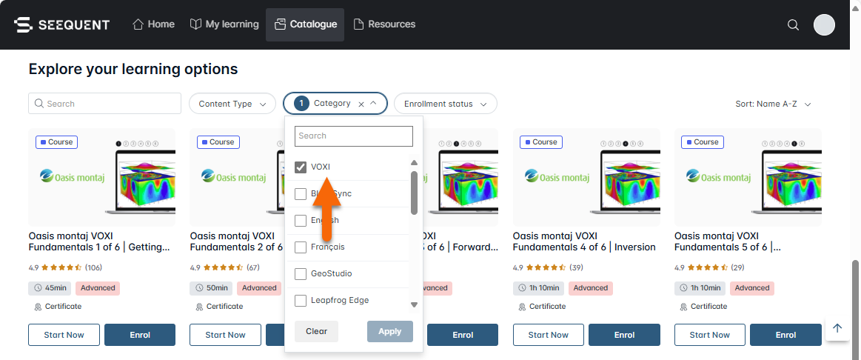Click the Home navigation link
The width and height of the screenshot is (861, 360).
tap(154, 24)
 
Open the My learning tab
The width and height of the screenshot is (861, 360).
tap(224, 24)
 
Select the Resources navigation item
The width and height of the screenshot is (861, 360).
tap(384, 24)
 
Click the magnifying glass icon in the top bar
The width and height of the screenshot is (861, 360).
tap(793, 25)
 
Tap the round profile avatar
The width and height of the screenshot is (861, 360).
tap(824, 25)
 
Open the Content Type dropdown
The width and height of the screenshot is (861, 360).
tap(232, 104)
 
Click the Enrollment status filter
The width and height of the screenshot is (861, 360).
tap(445, 104)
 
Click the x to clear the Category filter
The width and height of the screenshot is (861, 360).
tap(361, 104)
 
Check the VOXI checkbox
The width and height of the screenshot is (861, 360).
tap(301, 167)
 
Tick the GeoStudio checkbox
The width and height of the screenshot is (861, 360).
tap(301, 274)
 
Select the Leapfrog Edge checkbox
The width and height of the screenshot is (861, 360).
tap(301, 301)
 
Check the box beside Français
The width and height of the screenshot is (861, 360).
tap(301, 247)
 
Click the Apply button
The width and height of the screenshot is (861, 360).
tap(389, 331)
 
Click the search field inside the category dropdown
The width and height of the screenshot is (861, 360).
tap(353, 136)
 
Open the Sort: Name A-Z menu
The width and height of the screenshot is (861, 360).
tap(773, 104)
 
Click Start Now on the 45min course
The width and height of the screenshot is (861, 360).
tap(64, 335)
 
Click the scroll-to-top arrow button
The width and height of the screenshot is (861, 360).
tap(837, 328)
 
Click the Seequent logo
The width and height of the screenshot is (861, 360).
tap(62, 24)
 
